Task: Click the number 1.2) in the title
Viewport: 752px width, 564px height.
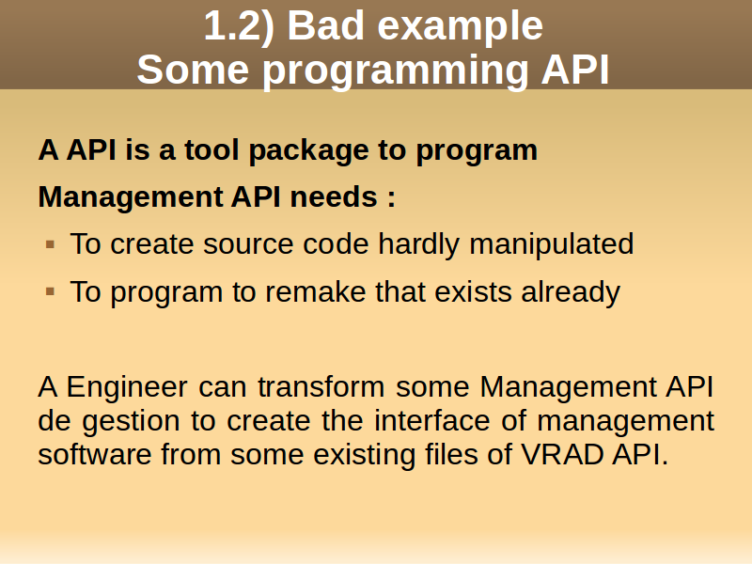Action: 240,26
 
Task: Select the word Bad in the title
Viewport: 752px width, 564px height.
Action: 325,26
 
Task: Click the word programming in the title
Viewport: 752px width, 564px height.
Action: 396,72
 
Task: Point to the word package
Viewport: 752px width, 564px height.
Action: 309,151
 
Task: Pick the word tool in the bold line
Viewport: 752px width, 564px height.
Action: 211,149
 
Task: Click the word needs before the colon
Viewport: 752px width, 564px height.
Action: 334,197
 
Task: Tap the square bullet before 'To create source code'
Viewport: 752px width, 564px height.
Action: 51,245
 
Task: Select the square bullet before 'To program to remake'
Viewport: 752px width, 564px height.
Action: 51,291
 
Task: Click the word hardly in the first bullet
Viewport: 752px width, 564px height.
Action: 418,245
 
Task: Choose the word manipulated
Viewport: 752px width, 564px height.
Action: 552,245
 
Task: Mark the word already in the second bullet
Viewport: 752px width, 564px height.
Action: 571,293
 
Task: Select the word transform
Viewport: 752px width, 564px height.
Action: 321,386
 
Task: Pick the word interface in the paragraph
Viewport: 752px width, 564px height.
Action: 432,420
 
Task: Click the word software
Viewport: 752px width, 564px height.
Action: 95,454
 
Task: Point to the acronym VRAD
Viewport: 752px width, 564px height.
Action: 562,455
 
